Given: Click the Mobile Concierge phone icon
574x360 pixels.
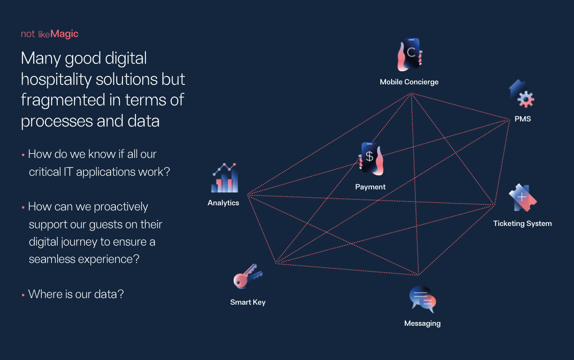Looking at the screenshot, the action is [410, 54].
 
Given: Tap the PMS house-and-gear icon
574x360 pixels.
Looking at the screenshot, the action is [521, 94].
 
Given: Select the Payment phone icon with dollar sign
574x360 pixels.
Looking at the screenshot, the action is [371, 159].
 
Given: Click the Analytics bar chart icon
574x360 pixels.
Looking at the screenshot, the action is [225, 178].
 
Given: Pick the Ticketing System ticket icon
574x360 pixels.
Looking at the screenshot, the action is [522, 197].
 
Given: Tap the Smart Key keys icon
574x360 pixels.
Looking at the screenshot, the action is [248, 276].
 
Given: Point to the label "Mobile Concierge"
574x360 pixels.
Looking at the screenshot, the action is [409, 82].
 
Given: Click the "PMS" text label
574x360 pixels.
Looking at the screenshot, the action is [523, 119].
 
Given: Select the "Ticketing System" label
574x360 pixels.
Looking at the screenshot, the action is [522, 224].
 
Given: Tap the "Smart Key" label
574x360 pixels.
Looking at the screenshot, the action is [248, 302].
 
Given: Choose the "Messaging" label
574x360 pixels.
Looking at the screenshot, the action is [423, 323].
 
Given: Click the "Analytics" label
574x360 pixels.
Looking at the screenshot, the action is [223, 203].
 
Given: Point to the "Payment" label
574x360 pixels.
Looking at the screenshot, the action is [370, 187].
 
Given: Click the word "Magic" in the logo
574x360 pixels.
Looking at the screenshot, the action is [64, 34].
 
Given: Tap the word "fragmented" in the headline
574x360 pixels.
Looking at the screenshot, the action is [63, 100].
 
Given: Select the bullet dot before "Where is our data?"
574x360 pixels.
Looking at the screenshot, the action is [23, 295].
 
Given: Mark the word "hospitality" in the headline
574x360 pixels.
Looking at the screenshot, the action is [56, 79].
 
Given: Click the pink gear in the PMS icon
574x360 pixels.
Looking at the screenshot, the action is [526, 99].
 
